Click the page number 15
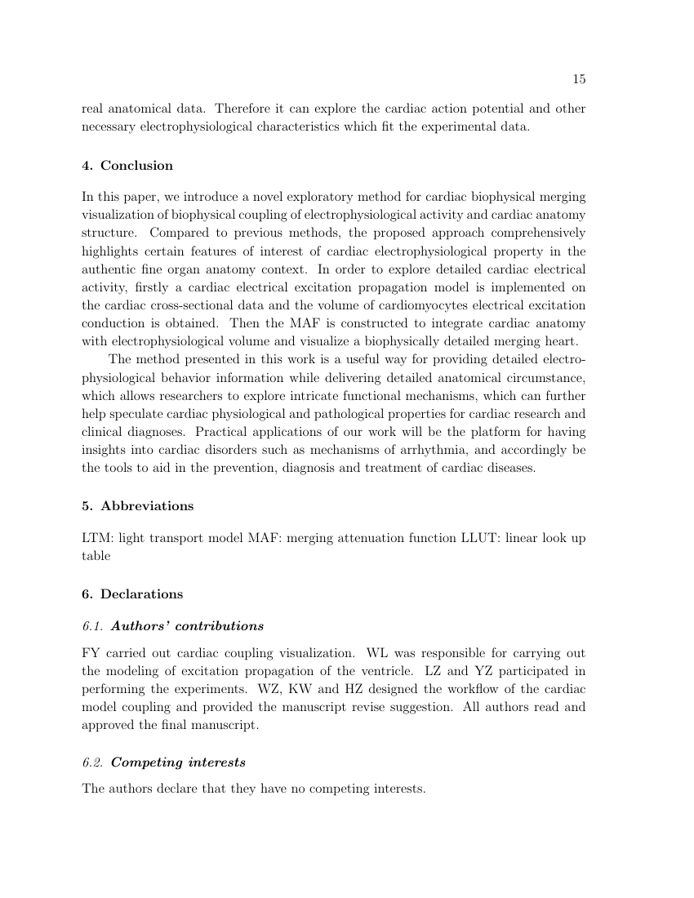(578, 79)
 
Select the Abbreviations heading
(147, 506)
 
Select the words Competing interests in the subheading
(177, 762)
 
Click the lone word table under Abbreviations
(96, 556)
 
